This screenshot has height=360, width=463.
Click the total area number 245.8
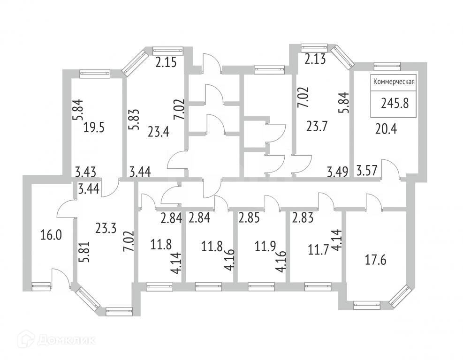pyautogui.click(x=395, y=103)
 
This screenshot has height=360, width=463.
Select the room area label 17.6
pyautogui.click(x=375, y=259)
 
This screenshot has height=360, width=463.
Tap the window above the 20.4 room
pyautogui.click(x=387, y=66)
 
